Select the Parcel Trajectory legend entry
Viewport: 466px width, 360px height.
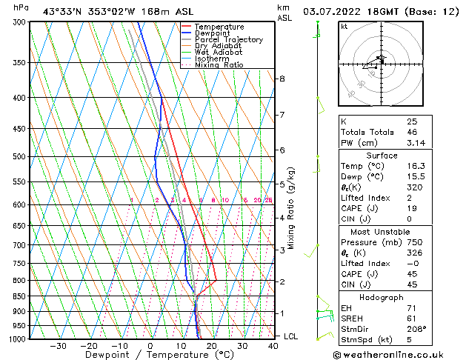point(228,40)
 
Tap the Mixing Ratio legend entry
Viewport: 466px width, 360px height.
point(219,65)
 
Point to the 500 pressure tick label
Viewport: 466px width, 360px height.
point(20,157)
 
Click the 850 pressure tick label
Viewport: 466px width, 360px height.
point(20,296)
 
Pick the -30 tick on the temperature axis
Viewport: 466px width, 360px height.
point(58,346)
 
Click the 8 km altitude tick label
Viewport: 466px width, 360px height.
point(282,79)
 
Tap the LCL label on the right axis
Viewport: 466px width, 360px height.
point(292,336)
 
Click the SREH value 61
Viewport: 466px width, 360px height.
point(412,317)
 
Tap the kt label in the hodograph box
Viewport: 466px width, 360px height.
point(344,27)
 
